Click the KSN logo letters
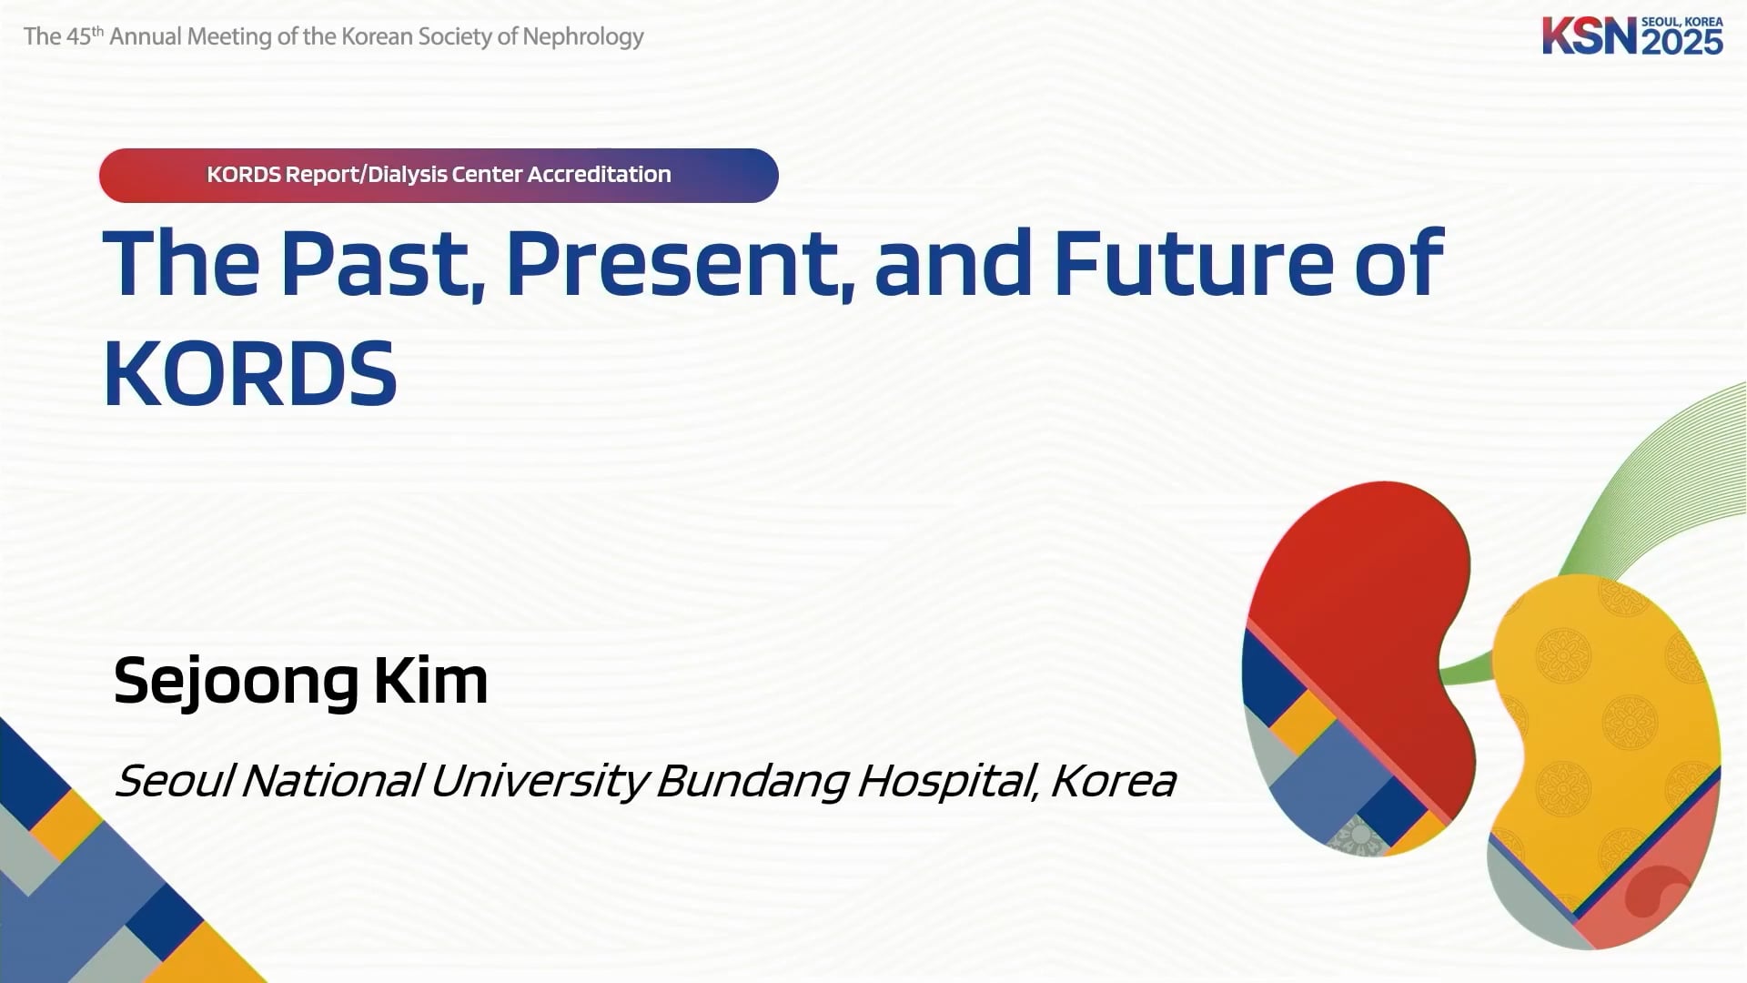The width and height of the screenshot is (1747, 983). pos(1589,36)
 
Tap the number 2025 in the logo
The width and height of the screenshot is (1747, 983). pos(1682,42)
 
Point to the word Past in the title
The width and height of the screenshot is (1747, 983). pos(381,263)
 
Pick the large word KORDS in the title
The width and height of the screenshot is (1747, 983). pos(250,373)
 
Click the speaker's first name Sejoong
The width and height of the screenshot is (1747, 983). pos(236,682)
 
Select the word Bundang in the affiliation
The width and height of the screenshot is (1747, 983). pos(752,782)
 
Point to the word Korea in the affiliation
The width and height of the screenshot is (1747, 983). pos(1113,781)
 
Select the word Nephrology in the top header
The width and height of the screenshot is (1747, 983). pos(583,37)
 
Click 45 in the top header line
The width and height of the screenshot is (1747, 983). pos(79,36)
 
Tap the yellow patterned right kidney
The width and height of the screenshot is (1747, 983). pos(1601,728)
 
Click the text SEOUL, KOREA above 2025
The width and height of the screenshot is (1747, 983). pos(1682,22)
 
